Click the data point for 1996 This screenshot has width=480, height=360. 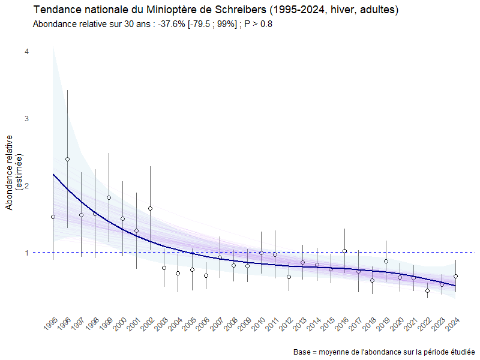click(x=67, y=159)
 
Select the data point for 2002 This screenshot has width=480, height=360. click(x=150, y=208)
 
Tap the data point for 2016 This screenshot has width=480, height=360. click(x=344, y=251)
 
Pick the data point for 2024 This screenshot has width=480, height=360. click(x=455, y=276)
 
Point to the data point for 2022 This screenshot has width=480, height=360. click(x=428, y=290)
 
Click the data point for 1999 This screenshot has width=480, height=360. click(x=109, y=197)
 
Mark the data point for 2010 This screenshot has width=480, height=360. click(x=261, y=253)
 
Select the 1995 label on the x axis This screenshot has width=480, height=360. click(x=51, y=324)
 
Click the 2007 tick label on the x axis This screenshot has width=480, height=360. click(x=217, y=324)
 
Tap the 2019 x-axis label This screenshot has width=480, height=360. click(x=383, y=324)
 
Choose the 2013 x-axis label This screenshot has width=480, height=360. click(x=300, y=324)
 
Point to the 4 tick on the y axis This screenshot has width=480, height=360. click(x=26, y=52)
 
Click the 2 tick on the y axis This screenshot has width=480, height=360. click(x=26, y=185)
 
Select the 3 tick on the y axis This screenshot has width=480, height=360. click(x=26, y=119)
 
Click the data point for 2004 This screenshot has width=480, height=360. click(x=178, y=273)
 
